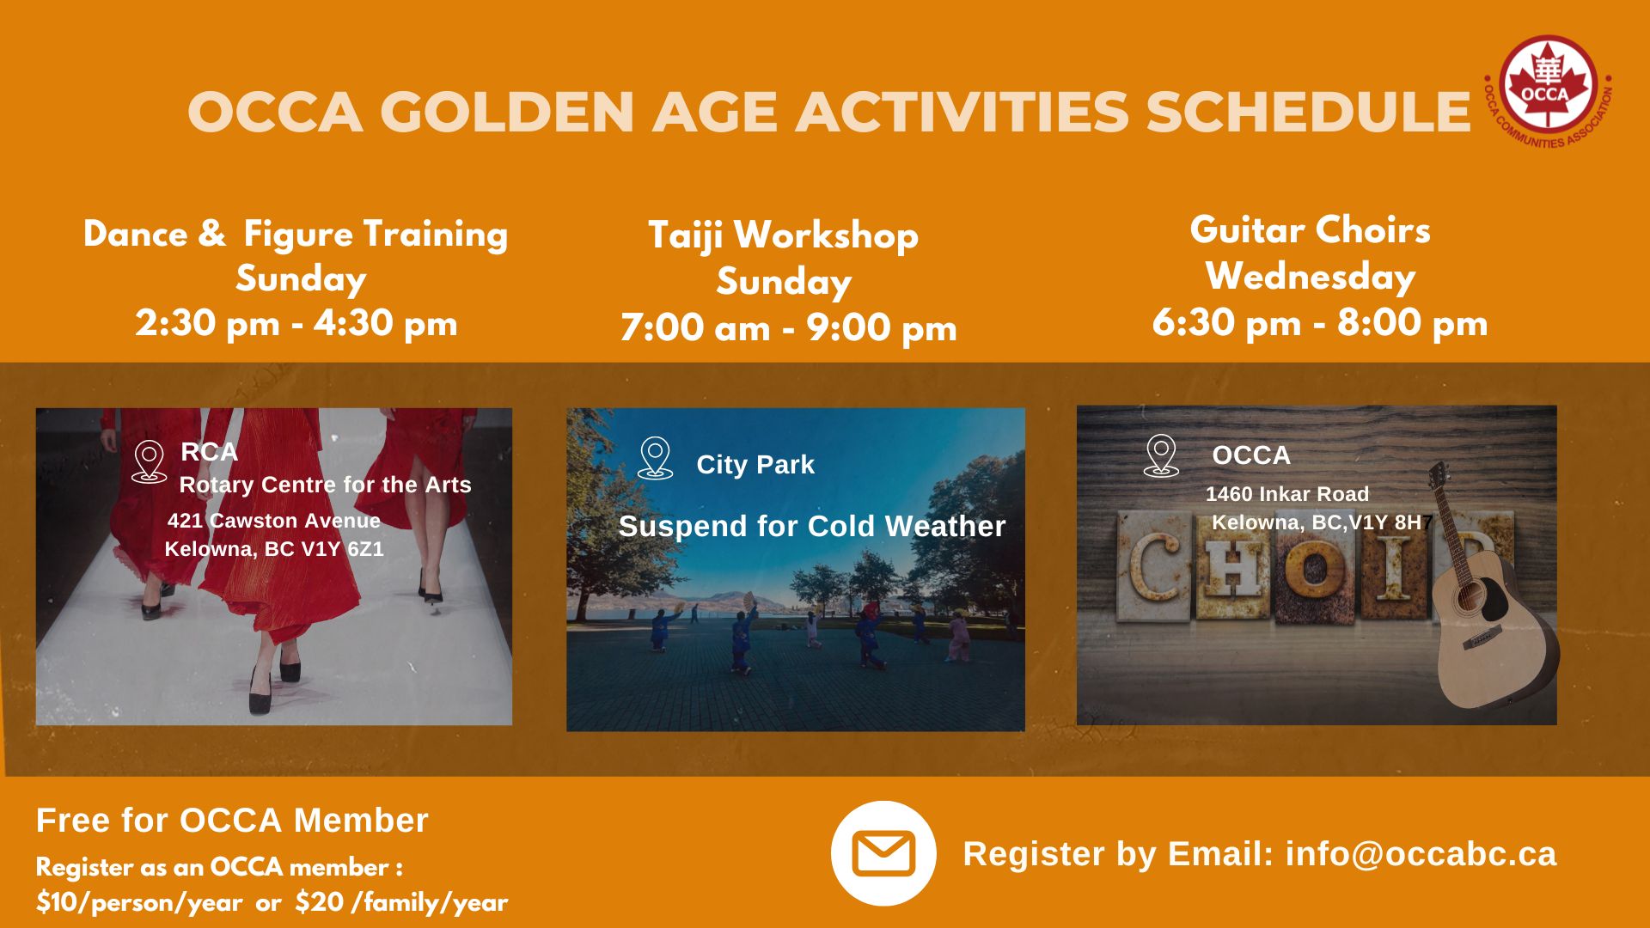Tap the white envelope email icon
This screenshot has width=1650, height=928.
pos(883,853)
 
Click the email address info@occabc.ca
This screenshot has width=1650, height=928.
pos(1421,854)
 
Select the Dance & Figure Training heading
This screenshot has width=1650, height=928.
pos(296,235)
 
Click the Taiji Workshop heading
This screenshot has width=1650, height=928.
pos(783,235)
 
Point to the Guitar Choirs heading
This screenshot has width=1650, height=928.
pos(1311,230)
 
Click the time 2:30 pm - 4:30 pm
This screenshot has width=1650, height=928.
pos(296,324)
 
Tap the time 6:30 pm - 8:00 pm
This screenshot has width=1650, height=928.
pos(1320,323)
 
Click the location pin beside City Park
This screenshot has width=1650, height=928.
pos(655,457)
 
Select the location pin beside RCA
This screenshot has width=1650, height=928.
pos(149,461)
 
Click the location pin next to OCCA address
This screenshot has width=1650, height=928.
pos(1161,455)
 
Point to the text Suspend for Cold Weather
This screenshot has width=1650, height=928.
pos(812,526)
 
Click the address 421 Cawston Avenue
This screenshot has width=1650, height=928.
pos(274,521)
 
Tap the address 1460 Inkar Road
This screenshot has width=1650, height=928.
pos(1287,494)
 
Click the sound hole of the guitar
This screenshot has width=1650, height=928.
pos(1468,595)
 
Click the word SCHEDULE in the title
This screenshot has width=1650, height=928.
pos(1308,112)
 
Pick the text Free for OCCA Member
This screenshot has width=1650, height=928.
pos(232,821)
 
